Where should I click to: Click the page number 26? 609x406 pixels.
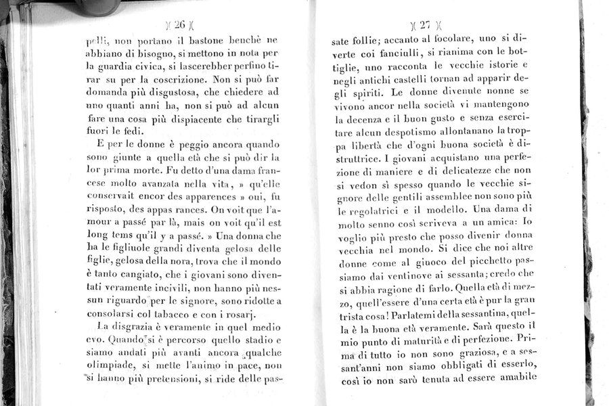[x=179, y=26]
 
